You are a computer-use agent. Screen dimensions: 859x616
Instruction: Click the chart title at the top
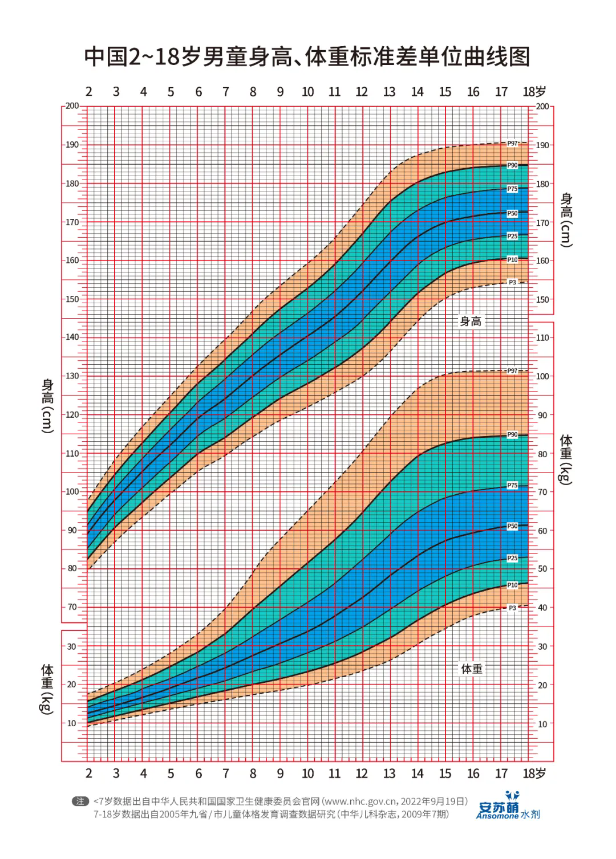point(307,56)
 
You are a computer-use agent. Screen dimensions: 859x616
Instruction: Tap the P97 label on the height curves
point(512,144)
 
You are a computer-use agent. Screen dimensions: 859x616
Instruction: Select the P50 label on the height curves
point(512,213)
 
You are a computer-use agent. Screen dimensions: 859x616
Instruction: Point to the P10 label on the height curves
point(512,260)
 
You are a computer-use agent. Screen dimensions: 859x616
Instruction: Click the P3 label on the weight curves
point(512,608)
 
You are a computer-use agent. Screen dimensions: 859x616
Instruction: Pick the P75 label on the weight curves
point(512,486)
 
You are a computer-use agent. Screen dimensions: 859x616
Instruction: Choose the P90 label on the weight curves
point(512,435)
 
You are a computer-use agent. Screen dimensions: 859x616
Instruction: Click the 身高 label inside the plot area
point(471,321)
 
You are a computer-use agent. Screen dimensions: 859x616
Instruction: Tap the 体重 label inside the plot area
point(471,669)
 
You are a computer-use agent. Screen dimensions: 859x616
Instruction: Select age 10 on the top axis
point(307,92)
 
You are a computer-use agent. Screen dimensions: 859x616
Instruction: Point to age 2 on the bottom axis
point(89,773)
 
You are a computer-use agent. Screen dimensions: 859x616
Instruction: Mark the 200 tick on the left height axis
point(72,106)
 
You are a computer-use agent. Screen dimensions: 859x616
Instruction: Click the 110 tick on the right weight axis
point(542,337)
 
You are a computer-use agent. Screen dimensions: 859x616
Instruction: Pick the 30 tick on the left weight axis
point(71,646)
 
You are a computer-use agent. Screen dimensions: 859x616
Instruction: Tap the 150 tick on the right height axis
point(542,299)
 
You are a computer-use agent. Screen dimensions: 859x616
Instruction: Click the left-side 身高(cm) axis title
point(47,405)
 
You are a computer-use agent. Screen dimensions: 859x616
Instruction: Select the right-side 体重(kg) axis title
point(566,459)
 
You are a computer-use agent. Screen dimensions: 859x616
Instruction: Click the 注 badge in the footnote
point(80,801)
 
